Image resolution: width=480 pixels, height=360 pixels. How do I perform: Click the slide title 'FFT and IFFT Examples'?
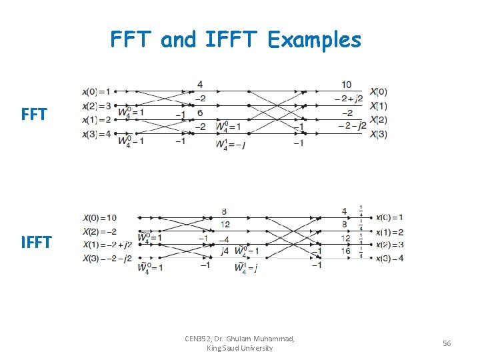pos(235,40)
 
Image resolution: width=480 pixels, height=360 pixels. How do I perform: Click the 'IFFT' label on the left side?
pos(36,242)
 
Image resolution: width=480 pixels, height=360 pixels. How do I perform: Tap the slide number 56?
pos(447,343)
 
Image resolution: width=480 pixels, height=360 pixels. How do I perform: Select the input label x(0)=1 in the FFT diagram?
pos(97,91)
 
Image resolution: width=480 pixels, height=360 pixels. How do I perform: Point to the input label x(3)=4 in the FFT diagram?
pos(97,134)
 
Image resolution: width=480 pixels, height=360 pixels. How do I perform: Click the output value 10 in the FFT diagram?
pos(347,85)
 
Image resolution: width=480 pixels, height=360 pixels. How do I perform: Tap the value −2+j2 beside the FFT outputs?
pos(349,99)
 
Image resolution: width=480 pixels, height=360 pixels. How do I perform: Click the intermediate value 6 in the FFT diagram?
pos(200,113)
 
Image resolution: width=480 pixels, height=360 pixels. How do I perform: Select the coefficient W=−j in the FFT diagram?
pos(231,145)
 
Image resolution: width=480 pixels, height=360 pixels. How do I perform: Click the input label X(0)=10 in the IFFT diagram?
pos(100,217)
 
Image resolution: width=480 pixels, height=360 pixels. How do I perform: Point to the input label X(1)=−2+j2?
pos(107,244)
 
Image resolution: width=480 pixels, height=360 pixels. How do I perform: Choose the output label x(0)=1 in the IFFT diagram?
pos(389,217)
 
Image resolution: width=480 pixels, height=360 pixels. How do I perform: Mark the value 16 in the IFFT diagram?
pos(345,251)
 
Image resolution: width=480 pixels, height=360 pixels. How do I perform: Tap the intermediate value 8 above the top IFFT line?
pos(224,211)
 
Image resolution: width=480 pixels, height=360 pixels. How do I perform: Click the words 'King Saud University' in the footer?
pos(240,347)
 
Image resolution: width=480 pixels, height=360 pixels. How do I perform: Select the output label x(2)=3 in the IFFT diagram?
pos(389,245)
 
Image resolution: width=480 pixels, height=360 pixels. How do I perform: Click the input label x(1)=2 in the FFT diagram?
pos(97,120)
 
